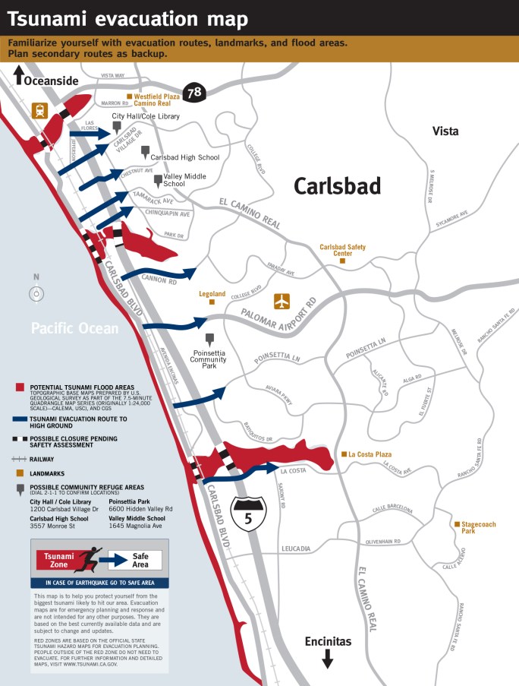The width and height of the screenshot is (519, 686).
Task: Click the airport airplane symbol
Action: click(x=282, y=301)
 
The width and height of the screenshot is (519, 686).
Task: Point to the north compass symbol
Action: click(x=36, y=293)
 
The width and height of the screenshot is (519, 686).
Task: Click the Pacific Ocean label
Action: click(x=74, y=328)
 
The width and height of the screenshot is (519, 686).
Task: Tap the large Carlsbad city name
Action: click(x=337, y=186)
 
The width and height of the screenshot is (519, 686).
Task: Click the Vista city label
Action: click(x=445, y=131)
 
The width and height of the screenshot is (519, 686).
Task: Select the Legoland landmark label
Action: click(x=212, y=294)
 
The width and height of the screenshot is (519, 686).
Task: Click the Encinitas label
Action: click(x=328, y=641)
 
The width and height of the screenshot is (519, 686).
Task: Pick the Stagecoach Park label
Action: click(x=476, y=527)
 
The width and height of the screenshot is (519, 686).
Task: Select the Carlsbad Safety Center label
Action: click(x=342, y=251)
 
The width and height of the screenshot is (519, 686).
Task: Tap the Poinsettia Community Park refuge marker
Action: click(x=209, y=339)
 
